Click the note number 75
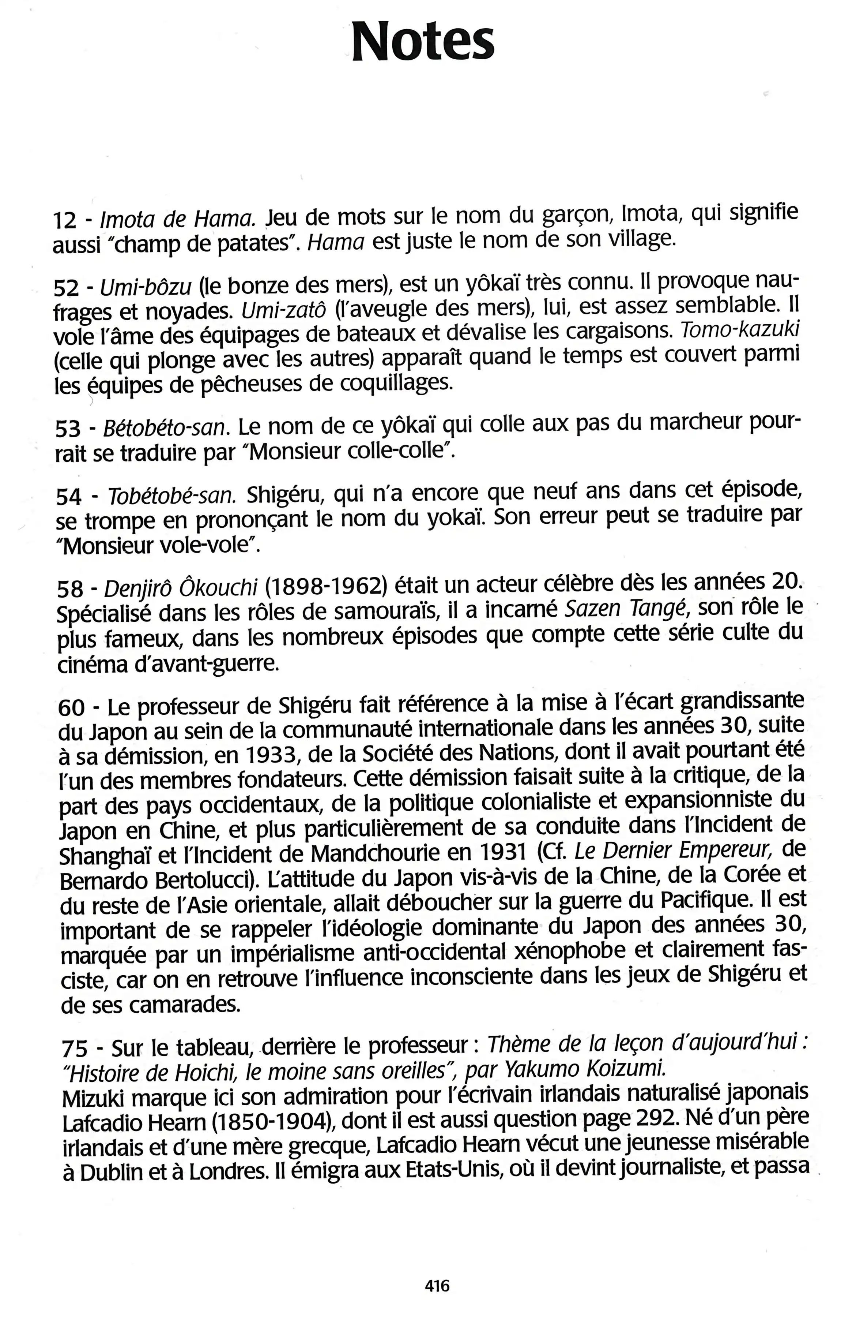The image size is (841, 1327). [x=74, y=1031]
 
